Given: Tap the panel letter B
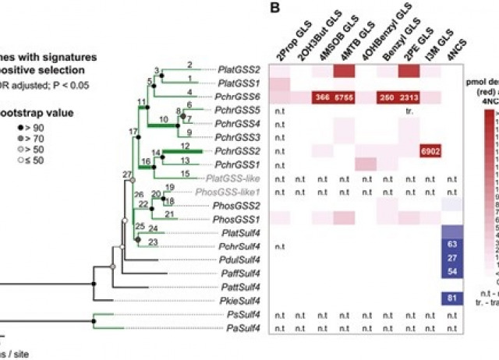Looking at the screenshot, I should point(274,7).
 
